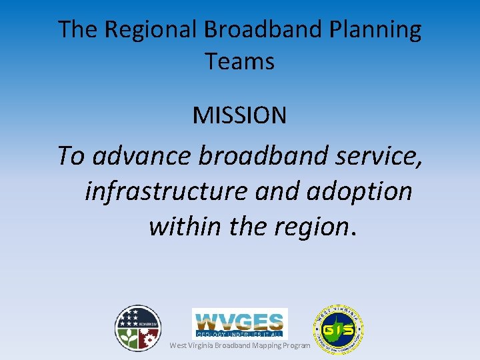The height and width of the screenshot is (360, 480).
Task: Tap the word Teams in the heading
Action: click(240, 61)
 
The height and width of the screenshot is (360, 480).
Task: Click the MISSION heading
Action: click(240, 115)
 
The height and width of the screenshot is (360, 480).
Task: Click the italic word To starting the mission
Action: click(71, 156)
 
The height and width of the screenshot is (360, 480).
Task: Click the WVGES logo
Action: click(239, 319)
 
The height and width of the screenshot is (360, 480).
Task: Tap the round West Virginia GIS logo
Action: click(339, 329)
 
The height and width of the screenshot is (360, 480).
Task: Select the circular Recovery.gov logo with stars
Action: click(138, 328)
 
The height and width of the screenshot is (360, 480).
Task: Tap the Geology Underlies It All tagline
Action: click(239, 333)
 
